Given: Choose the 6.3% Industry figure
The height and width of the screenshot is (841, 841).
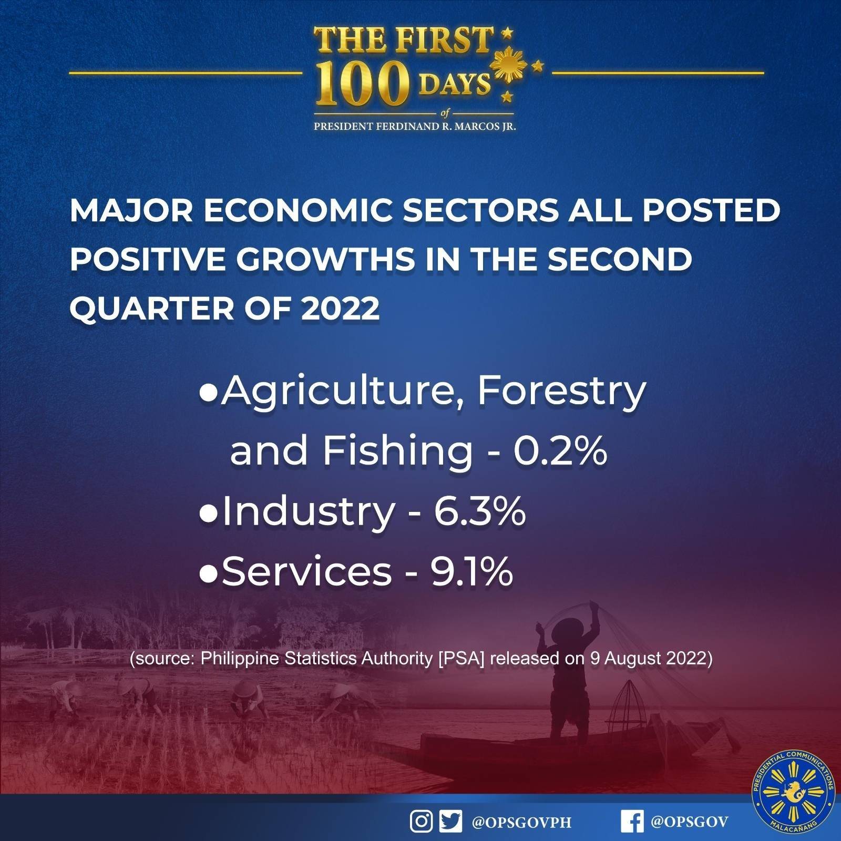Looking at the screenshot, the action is point(479,511).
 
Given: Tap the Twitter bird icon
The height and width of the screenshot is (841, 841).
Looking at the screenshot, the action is point(450,822).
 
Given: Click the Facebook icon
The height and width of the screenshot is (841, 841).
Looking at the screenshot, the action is point(631,822).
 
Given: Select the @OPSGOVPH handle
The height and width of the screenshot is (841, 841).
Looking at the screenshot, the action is point(521,823).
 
